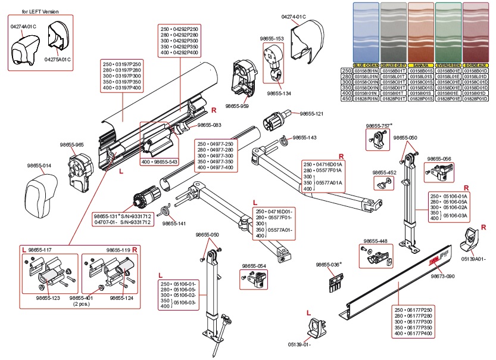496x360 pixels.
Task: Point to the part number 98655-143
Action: coord(304,138)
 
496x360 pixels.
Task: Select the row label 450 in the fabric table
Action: coord(346,99)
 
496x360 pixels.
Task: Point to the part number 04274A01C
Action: coord(23,27)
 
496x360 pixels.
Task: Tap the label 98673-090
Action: coord(442,276)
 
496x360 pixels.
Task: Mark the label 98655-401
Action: coord(82,297)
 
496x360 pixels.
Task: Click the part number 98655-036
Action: coord(327,264)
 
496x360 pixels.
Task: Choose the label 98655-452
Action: coord(384,172)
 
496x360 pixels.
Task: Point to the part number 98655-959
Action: coord(237,105)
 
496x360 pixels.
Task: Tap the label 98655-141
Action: coord(174,224)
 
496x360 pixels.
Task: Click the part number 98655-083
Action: coord(209,125)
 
